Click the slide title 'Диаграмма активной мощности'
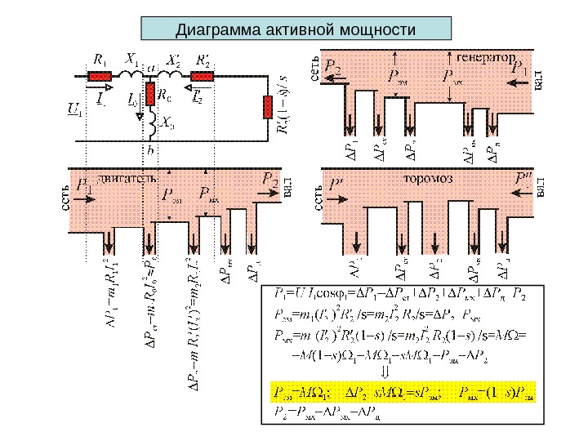coord(296,29)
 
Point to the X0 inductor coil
coord(151,122)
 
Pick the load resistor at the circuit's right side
coord(267,107)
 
